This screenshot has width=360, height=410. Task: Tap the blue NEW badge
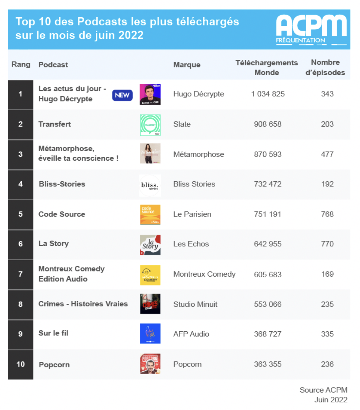pos(122,95)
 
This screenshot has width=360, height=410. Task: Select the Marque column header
pos(187,65)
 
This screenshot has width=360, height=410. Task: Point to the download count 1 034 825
pos(268,94)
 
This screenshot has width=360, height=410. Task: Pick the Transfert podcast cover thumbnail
pos(150,125)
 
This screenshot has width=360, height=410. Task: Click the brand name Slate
pos(182,124)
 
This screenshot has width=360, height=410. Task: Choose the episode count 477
pos(327,154)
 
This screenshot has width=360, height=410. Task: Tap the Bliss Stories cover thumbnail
pos(150,185)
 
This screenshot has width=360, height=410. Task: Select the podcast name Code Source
pos(62,214)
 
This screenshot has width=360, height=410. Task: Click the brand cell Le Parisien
pos(192,214)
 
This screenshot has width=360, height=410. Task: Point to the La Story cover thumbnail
pos(150,245)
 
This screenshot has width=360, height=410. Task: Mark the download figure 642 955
pos(267,244)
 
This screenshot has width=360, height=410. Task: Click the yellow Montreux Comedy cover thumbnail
pos(150,275)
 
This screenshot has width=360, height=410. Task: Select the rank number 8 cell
pos(20,304)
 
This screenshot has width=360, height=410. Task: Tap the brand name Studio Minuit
pos(195,304)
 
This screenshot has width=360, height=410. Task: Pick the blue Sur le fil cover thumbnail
pos(150,334)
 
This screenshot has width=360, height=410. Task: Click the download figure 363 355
pos(267,364)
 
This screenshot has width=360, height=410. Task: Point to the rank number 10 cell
pos(20,364)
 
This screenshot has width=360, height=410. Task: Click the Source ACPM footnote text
pos(323,390)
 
